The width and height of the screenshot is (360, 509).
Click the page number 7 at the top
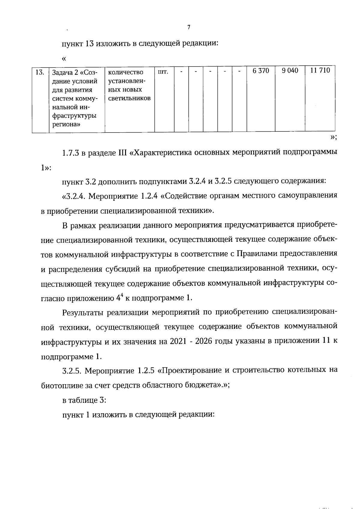pos(189,28)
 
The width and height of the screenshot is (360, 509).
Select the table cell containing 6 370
pos(261,71)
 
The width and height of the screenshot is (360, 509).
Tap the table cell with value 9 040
pos(290,71)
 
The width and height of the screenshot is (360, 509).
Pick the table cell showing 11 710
pos(320,71)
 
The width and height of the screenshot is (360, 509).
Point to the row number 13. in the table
pos(40,72)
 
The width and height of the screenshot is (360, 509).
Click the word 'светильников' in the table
pos(129,98)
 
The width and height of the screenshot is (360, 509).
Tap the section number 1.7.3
pos(70,153)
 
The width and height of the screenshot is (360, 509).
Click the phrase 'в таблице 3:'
pos(80,400)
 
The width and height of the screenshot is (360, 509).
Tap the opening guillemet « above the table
pos(64,58)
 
